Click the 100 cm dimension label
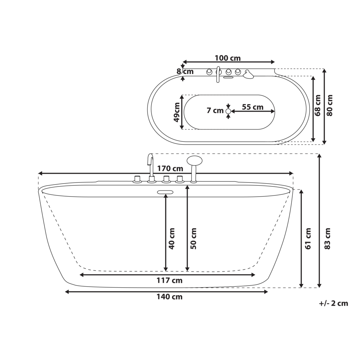(x=228, y=58)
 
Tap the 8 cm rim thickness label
(x=185, y=71)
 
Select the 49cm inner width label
(x=176, y=112)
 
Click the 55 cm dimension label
(x=252, y=107)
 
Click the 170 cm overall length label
(x=170, y=168)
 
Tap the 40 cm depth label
(x=172, y=238)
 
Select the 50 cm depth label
(x=193, y=238)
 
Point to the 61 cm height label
(x=308, y=238)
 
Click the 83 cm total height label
(x=327, y=238)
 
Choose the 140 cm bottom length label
(x=169, y=297)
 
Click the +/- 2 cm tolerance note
(x=333, y=303)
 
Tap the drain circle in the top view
(x=228, y=112)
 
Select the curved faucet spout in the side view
(x=150, y=160)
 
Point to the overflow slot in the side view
(x=165, y=192)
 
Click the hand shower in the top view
(x=248, y=75)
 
